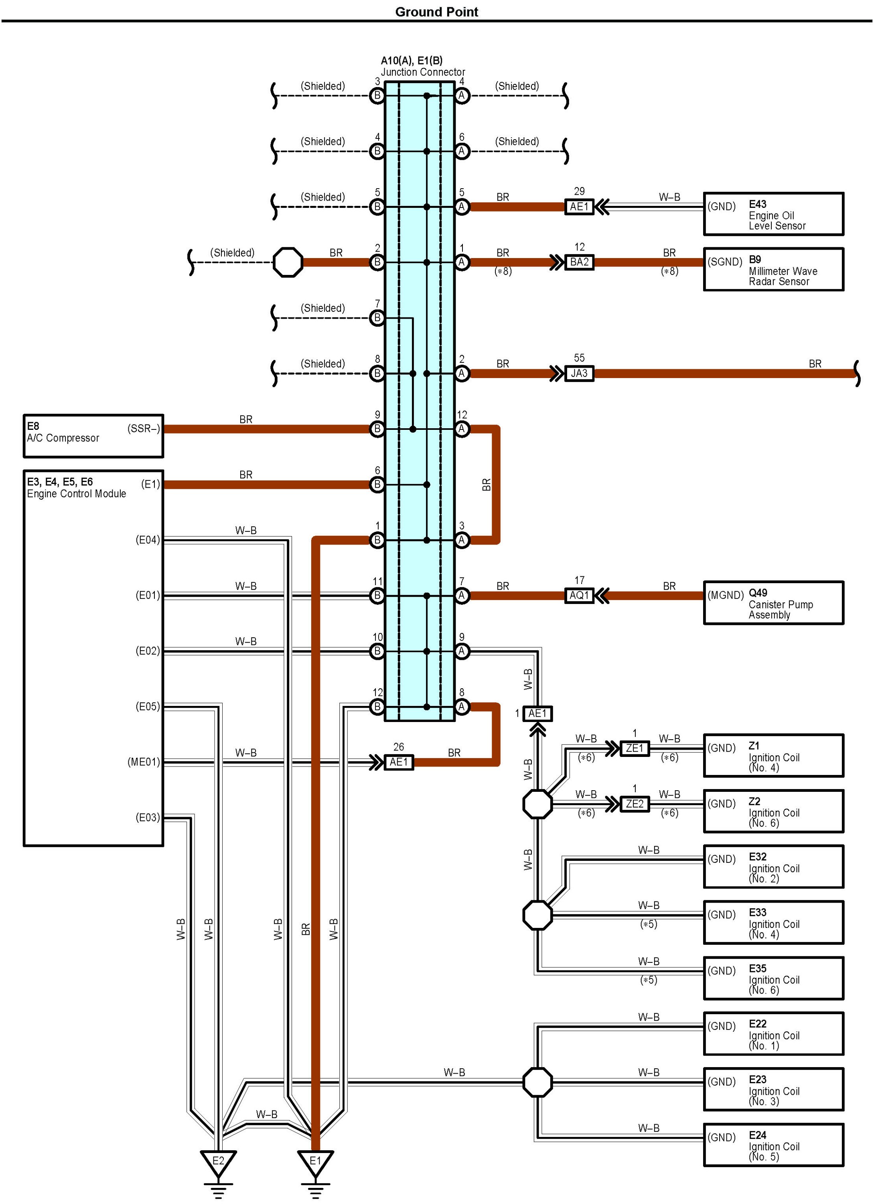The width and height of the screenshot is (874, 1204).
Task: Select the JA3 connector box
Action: [x=579, y=374]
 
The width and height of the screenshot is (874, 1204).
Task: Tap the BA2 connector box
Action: [x=579, y=262]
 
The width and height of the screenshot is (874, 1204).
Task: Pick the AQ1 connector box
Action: [x=579, y=596]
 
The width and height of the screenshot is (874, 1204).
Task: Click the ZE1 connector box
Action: [x=635, y=748]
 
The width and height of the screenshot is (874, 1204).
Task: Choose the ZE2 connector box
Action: [x=635, y=804]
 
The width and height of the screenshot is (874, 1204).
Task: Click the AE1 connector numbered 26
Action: [x=399, y=762]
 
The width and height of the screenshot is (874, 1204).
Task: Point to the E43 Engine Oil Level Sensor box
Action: [x=773, y=214]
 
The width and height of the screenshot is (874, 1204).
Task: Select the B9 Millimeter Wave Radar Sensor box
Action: [x=773, y=270]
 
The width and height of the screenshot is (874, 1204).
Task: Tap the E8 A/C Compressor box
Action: [x=93, y=436]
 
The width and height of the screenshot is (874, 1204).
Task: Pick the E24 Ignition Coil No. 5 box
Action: [x=773, y=1145]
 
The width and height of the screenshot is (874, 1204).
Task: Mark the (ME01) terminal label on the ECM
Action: [x=143, y=762]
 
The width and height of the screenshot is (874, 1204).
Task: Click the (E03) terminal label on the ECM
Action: [x=148, y=818]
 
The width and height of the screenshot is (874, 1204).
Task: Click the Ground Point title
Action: [x=436, y=12]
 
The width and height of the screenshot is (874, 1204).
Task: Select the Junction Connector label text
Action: [x=422, y=72]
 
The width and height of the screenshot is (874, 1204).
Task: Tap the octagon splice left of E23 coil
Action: [x=537, y=1082]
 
